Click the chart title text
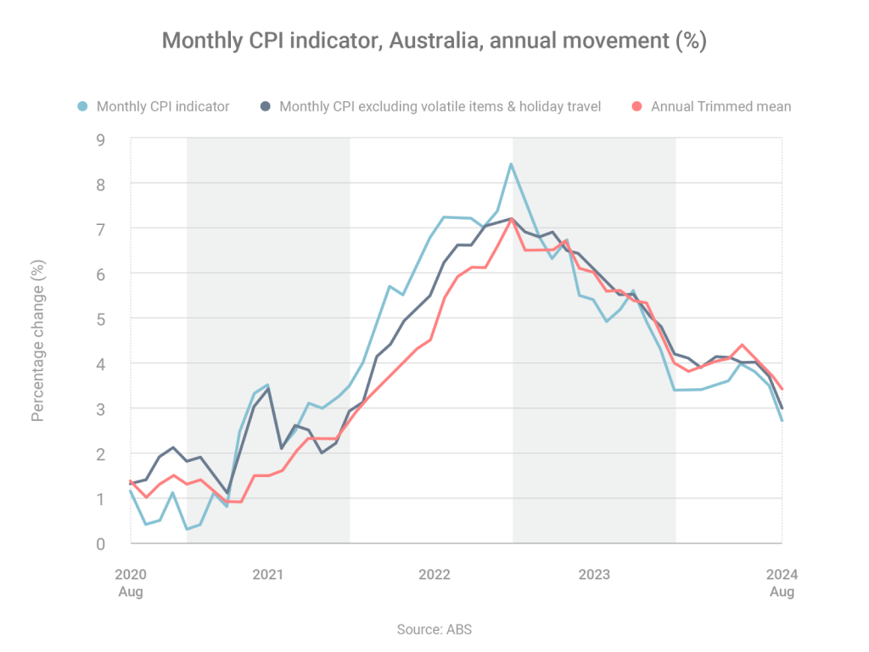pos(434,41)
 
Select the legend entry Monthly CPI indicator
pos(162,106)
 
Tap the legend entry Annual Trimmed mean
pos(720,106)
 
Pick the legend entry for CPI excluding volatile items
pos(440,106)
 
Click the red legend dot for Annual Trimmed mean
pos(638,106)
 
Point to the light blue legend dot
pos(83,106)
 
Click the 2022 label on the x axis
pos(434,575)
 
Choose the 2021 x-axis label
pos(268,575)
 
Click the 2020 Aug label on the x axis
pos(130,582)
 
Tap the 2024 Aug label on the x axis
pos(782,582)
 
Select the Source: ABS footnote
pos(434,629)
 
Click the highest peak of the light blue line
pos(511,164)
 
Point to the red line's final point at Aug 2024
pos(782,390)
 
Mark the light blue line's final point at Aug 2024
pos(782,420)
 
